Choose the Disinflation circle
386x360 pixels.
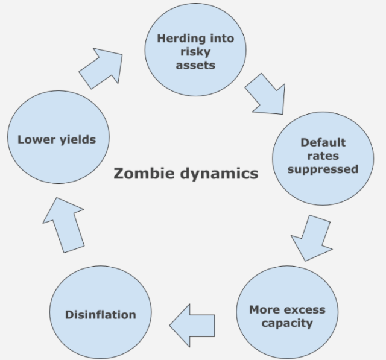click(100, 314)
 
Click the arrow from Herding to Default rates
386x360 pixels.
click(265, 94)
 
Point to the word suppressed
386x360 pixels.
click(323, 169)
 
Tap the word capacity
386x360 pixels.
click(287, 323)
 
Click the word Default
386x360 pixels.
click(323, 143)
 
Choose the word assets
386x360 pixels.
click(195, 65)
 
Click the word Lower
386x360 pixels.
click(35, 139)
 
